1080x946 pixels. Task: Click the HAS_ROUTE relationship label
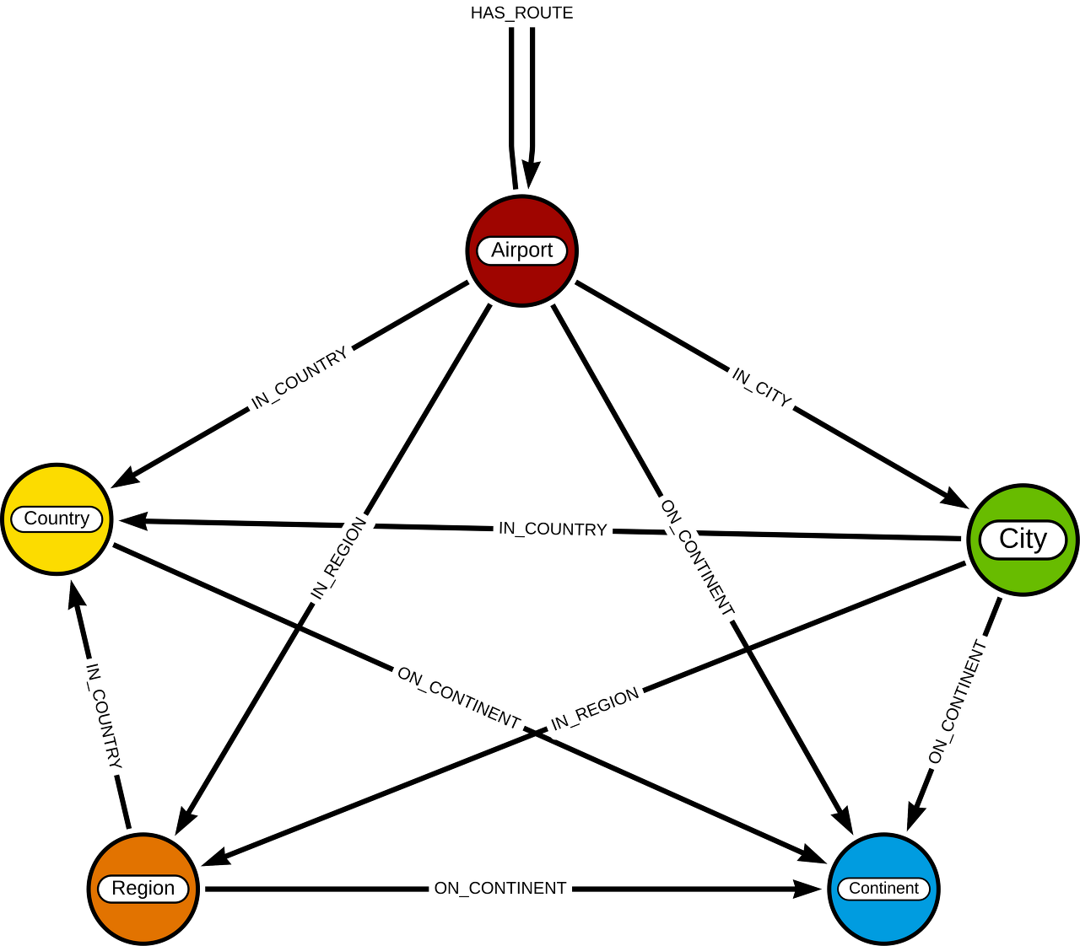pyautogui.click(x=521, y=13)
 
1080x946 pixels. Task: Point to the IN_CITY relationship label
pyautogui.click(x=761, y=388)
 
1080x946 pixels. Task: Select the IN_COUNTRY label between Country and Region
pyautogui.click(x=104, y=717)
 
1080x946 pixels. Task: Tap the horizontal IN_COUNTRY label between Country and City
pyautogui.click(x=553, y=529)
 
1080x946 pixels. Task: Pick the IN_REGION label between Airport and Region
pyautogui.click(x=338, y=558)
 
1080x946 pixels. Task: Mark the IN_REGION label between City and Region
pyautogui.click(x=595, y=709)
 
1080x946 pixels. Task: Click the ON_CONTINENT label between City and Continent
pyautogui.click(x=958, y=701)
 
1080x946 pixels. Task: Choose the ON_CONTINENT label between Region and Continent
pyautogui.click(x=499, y=889)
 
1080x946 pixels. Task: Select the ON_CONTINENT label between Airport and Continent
pyautogui.click(x=697, y=558)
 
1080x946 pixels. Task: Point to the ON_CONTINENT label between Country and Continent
pyautogui.click(x=458, y=697)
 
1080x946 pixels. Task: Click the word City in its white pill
pyautogui.click(x=1023, y=539)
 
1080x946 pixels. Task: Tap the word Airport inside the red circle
pyautogui.click(x=521, y=250)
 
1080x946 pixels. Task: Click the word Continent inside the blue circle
pyautogui.click(x=883, y=889)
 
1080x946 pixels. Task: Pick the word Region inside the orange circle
pyautogui.click(x=143, y=889)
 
